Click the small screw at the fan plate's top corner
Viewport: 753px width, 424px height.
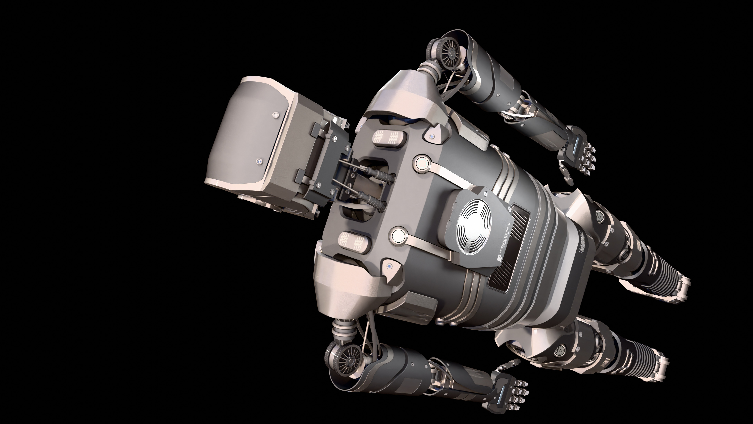[485, 193]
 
